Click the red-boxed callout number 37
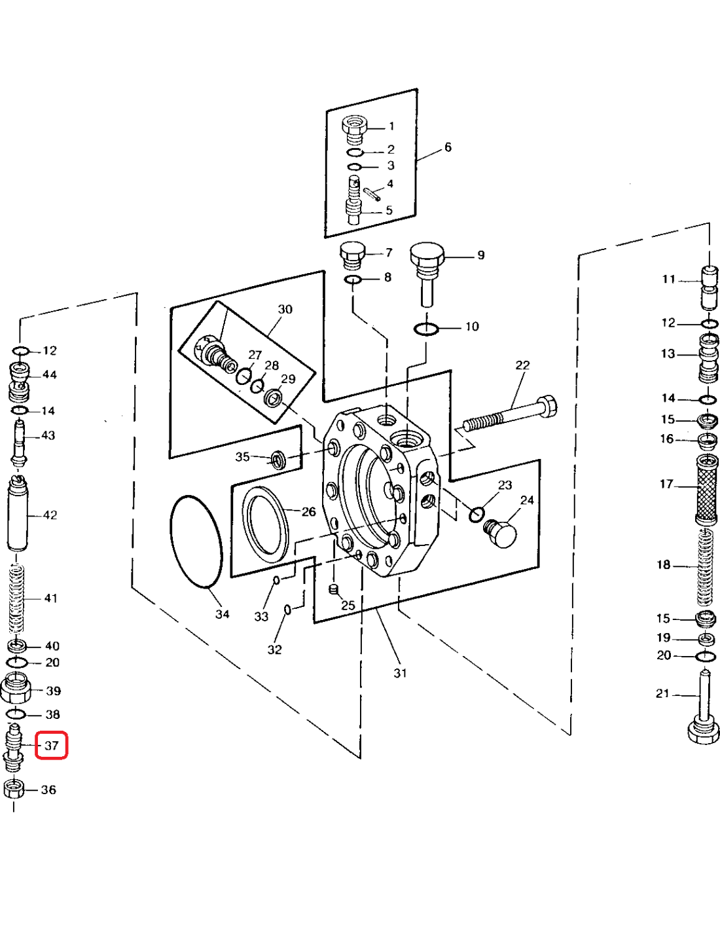pos(51,745)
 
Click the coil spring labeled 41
pos(16,599)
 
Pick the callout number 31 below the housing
pos(400,673)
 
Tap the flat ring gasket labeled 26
pos(265,524)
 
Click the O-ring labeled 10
pos(426,329)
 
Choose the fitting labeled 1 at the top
pos(354,129)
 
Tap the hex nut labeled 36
pos(14,788)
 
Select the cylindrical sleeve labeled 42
pos(18,515)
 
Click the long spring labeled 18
pos(704,566)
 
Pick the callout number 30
pos(285,309)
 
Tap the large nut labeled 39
pos(16,689)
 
